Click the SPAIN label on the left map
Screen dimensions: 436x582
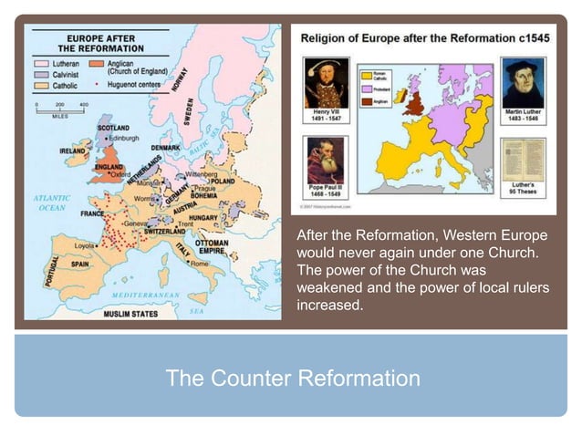pos(79,264)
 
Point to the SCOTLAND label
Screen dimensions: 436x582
pos(113,128)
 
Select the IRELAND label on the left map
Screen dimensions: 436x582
pos(73,150)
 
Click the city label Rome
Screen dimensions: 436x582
pos(200,263)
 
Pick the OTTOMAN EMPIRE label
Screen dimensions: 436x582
pos(212,249)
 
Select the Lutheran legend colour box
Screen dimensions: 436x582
pos(41,64)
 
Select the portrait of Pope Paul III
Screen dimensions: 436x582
pos(325,160)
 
